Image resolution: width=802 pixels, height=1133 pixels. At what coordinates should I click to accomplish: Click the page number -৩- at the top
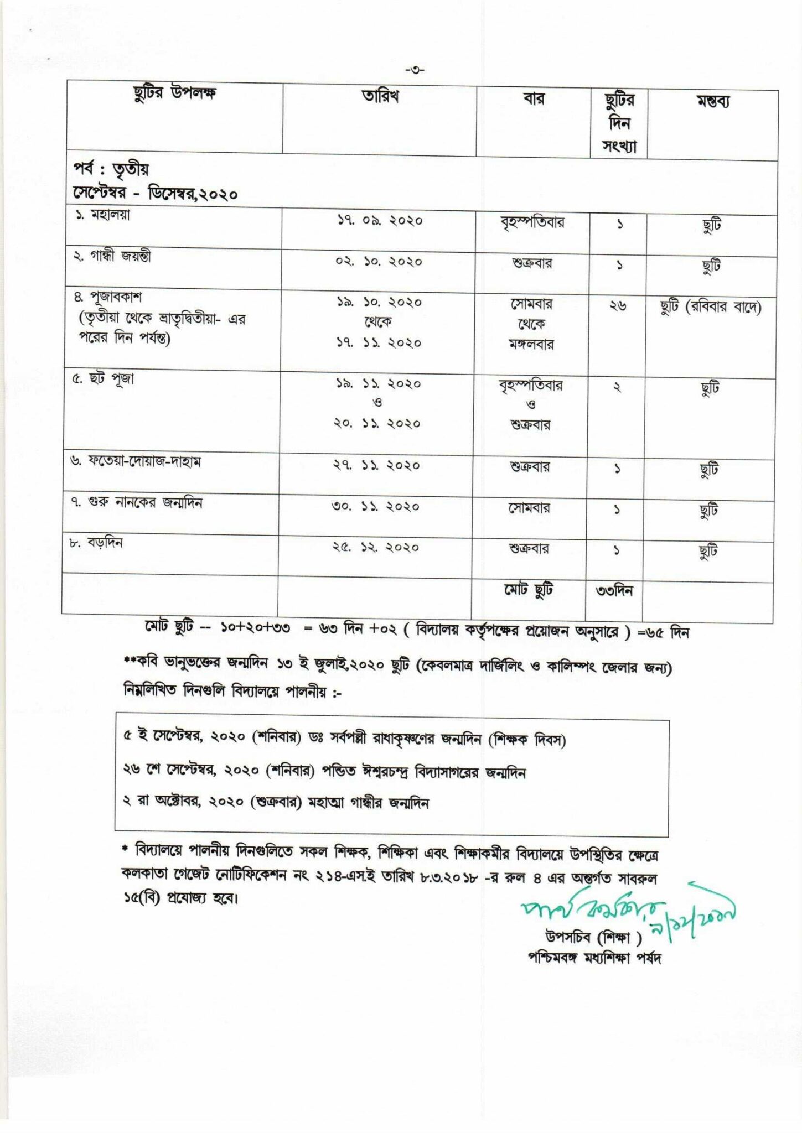tap(415, 70)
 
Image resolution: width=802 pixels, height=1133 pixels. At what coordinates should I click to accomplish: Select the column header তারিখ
tap(380, 96)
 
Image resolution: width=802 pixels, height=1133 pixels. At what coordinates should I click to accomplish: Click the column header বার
tap(534, 98)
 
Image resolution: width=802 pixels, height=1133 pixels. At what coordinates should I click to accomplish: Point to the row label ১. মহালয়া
tap(103, 215)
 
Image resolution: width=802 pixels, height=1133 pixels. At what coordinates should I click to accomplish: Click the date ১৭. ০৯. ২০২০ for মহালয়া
tap(380, 221)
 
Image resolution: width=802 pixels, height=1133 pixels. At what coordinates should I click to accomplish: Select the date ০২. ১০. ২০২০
tap(379, 262)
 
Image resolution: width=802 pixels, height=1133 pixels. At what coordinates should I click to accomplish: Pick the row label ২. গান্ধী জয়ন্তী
tap(112, 256)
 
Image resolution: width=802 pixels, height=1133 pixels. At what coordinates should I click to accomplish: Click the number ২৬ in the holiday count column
tap(618, 305)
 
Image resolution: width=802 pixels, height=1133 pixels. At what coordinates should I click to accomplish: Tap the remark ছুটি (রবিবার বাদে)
tap(711, 307)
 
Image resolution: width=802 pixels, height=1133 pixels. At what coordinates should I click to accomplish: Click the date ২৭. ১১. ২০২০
tap(377, 466)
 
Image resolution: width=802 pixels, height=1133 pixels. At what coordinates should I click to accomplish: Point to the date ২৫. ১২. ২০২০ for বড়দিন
tap(376, 548)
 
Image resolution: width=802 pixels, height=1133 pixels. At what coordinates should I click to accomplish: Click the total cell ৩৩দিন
tap(614, 591)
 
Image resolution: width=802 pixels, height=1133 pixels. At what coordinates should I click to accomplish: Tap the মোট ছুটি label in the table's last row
tap(528, 590)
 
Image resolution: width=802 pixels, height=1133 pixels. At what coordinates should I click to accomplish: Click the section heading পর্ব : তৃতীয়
tap(111, 169)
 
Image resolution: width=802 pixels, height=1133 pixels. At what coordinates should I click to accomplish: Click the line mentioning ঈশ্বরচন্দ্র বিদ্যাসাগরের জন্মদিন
tap(324, 772)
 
